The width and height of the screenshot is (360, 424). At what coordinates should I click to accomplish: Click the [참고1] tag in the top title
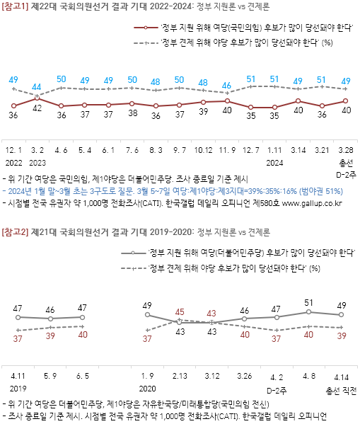[17, 6]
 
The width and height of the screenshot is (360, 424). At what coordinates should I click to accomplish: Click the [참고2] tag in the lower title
[17, 231]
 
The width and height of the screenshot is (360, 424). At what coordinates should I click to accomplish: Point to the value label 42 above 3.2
[37, 108]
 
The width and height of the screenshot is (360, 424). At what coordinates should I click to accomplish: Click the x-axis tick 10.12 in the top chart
[203, 151]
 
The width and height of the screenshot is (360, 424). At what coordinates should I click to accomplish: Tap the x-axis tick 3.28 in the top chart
[345, 151]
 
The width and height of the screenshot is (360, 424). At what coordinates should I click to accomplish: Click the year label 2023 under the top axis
[37, 162]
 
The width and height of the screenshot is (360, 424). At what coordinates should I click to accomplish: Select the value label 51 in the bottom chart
[308, 302]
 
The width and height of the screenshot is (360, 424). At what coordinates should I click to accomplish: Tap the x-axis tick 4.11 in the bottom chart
[18, 377]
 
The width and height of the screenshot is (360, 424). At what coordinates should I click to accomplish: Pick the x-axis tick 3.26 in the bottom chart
[245, 377]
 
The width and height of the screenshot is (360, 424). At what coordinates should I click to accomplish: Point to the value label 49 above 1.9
[147, 306]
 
